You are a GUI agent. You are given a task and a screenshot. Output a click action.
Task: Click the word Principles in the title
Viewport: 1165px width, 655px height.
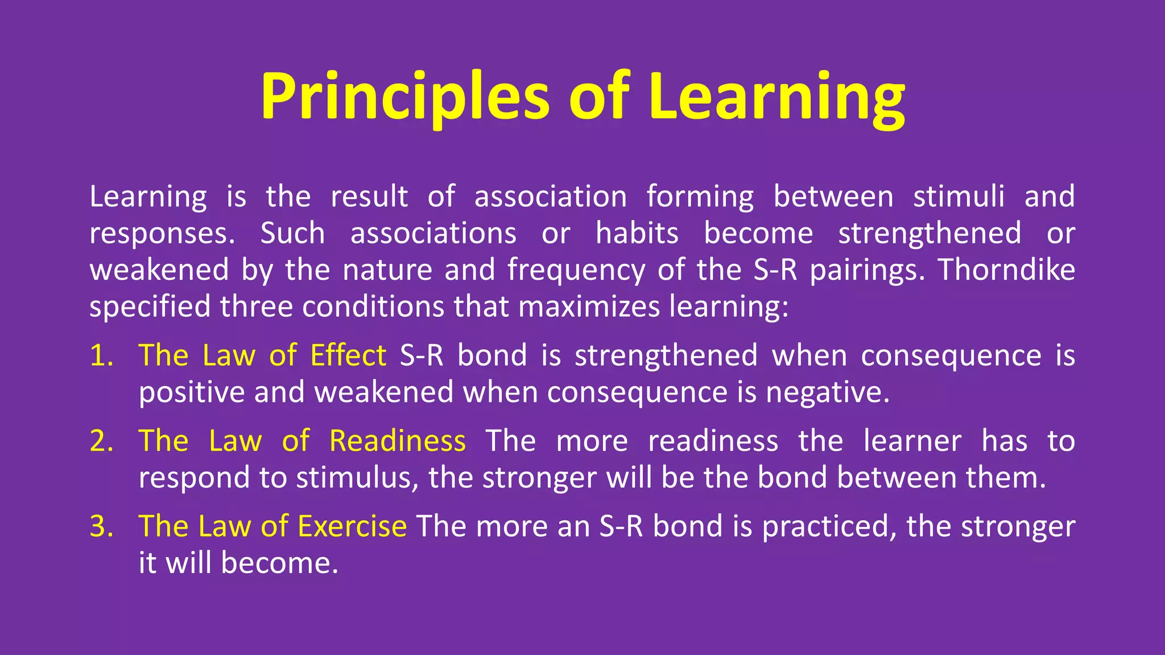[404, 97]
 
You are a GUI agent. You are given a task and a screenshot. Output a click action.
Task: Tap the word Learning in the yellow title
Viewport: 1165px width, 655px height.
[776, 97]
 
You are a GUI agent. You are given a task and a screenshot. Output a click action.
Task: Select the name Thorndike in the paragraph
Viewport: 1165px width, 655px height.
[1006, 270]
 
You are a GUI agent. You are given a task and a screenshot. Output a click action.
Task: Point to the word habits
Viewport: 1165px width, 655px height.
[637, 233]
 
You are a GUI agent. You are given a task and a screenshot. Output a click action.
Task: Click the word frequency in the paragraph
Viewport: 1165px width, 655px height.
[576, 271]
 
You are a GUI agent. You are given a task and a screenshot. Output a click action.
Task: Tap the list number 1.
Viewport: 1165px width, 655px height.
[101, 356]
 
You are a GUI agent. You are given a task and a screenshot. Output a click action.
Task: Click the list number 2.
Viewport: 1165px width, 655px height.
[101, 441]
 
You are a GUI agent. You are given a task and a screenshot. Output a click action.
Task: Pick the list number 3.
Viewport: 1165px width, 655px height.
[101, 527]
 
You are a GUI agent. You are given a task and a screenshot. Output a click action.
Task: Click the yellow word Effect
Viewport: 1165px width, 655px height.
[348, 356]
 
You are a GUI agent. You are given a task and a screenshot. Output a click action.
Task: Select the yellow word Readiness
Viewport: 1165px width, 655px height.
[398, 441]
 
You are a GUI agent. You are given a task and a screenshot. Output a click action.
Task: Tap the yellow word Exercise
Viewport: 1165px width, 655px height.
[352, 527]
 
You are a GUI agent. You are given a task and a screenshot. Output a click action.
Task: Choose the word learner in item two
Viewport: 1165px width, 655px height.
[912, 441]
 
